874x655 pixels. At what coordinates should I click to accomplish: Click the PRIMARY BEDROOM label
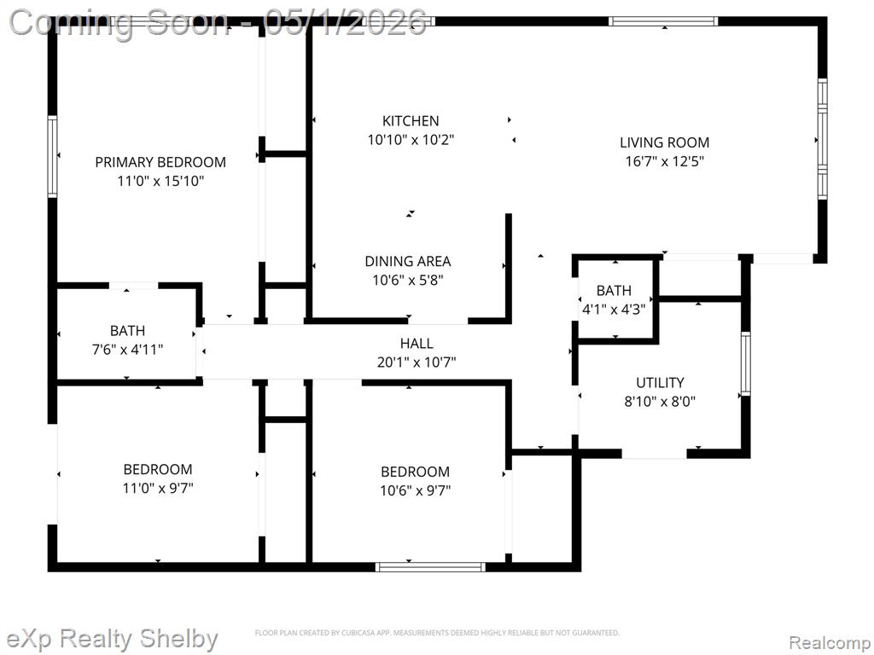coord(160,162)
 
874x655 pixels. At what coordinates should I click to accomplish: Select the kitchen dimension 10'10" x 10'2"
coord(411,139)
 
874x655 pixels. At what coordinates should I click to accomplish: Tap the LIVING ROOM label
coord(664,142)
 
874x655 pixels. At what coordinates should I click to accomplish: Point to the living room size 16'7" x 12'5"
coord(664,161)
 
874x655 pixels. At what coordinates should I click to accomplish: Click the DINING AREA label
coord(408,261)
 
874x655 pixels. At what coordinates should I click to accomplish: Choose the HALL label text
coord(417,344)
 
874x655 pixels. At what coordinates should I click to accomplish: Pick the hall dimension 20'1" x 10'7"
coord(417,362)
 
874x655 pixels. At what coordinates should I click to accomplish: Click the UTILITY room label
coord(660,383)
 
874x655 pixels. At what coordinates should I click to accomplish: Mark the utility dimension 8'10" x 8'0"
coord(660,402)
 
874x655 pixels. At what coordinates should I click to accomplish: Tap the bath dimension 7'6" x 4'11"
coord(128,350)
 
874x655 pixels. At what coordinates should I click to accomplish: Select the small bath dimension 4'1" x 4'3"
coord(614,309)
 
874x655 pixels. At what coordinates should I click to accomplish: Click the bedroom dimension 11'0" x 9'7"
coord(158,489)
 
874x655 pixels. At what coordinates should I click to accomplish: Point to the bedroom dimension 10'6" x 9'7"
coord(416,490)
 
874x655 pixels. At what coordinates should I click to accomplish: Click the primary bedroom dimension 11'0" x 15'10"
coord(160,181)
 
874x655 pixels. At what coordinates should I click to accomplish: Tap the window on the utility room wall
coord(745,363)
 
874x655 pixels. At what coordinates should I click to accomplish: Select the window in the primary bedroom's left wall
coord(52,157)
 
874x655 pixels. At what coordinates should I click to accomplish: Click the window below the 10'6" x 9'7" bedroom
coord(430,567)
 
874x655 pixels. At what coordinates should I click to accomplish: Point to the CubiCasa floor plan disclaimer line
coord(437,633)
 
